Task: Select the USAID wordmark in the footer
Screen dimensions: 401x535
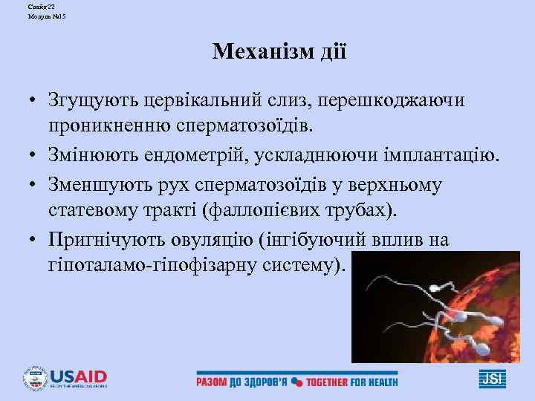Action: [x=79, y=375]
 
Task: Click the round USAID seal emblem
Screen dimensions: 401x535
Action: [x=35, y=378]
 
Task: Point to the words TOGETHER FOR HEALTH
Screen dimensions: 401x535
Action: [x=353, y=382]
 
